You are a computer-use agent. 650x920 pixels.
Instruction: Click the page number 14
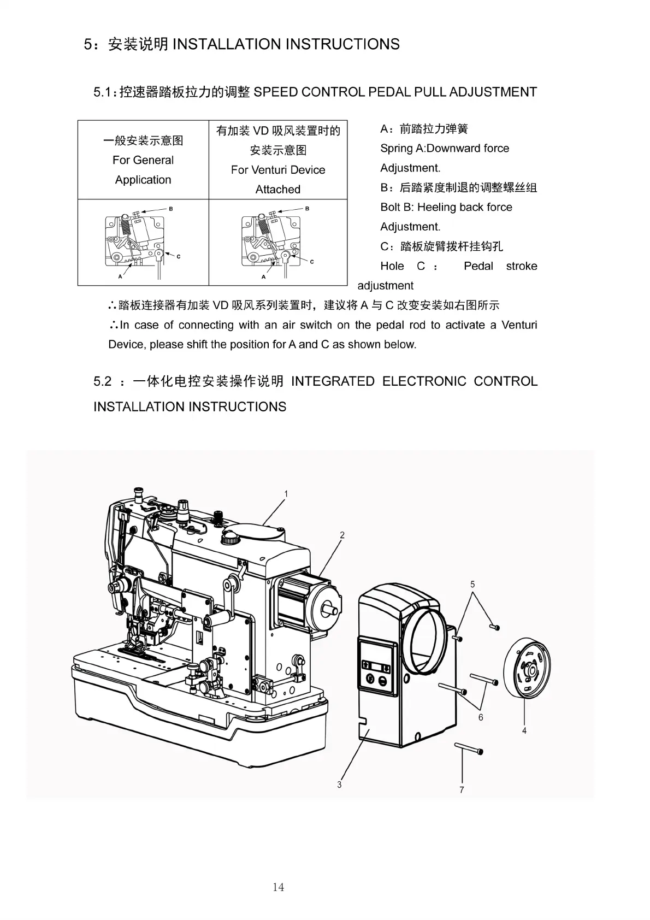[278, 887]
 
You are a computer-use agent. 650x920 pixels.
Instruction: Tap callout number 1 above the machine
[286, 494]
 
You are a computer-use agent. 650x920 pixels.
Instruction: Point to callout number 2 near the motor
[342, 535]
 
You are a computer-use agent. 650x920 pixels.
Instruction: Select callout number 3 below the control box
[339, 785]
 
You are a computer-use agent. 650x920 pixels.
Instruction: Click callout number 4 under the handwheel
[524, 730]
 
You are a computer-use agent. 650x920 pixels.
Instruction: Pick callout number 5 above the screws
[472, 584]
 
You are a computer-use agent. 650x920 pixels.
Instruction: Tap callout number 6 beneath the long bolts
[481, 717]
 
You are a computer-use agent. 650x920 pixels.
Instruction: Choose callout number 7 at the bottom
[462, 790]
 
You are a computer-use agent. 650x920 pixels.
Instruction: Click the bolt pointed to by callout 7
[468, 748]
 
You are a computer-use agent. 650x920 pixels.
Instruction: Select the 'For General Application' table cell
[143, 160]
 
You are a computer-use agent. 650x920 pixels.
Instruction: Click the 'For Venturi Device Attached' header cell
[278, 160]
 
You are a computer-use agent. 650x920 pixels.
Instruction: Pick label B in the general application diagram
[170, 209]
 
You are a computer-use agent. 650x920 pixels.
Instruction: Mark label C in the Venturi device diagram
[312, 262]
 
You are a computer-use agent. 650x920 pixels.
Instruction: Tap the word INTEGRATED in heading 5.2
[333, 381]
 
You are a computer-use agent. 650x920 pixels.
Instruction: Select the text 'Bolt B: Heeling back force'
[446, 207]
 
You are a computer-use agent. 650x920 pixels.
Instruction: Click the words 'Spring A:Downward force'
[445, 148]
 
